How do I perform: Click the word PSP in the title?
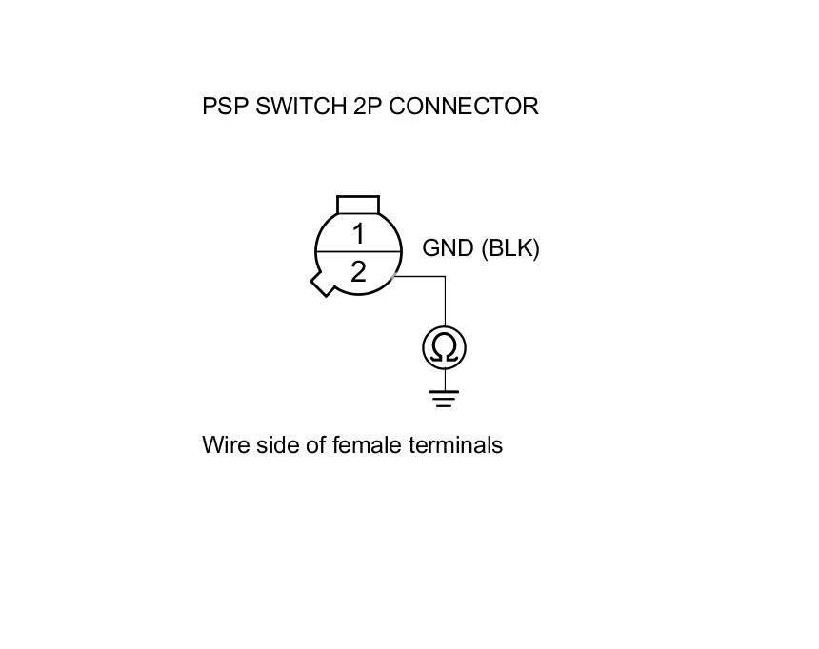pos(225,106)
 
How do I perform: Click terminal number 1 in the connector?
pos(358,233)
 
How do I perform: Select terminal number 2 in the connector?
pos(358,272)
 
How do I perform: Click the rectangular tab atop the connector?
pos(358,205)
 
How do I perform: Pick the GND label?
pos(449,248)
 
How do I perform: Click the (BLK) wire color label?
pos(510,248)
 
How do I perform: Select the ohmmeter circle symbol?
pos(445,348)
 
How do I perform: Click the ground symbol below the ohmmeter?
pos(445,398)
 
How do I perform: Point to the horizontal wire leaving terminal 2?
pos(420,277)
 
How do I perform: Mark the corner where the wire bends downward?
pos(445,277)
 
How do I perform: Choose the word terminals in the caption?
pos(455,444)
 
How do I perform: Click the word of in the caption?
pos(316,444)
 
